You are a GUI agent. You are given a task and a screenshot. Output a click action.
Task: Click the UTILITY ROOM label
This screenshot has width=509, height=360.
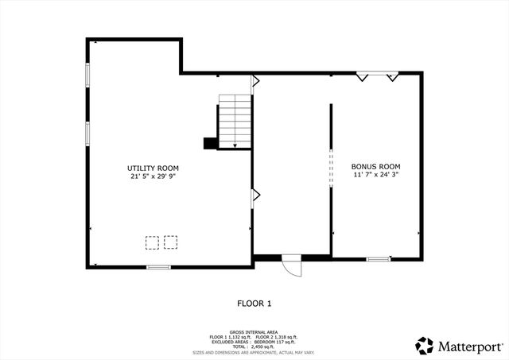pos(153,168)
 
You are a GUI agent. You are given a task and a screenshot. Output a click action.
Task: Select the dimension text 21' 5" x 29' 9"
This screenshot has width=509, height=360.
pos(153,177)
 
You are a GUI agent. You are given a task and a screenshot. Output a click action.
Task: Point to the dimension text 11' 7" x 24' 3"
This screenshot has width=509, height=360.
pos(375,174)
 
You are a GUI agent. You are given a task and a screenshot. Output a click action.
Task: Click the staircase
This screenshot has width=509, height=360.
pos(235,120)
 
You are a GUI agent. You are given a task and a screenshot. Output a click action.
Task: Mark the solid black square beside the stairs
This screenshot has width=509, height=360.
pos(210,143)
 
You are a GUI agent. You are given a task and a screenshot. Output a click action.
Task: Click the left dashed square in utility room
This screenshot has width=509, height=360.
pos(151,242)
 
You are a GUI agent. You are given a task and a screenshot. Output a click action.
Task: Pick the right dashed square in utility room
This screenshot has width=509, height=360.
pos(170,242)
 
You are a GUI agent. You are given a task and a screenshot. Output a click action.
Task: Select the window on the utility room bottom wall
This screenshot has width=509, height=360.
pos(158,267)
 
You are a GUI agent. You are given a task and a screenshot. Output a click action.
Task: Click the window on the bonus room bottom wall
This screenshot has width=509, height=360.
pos(378,258)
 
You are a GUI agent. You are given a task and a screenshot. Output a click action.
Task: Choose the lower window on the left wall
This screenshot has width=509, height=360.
pos(87,132)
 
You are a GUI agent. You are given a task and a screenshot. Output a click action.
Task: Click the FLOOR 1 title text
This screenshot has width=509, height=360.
pos(254,303)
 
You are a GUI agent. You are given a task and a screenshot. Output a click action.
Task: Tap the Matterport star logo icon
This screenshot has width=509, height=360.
pos(425,346)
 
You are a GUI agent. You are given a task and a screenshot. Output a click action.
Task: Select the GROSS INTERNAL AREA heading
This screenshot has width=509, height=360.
pos(254,331)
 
